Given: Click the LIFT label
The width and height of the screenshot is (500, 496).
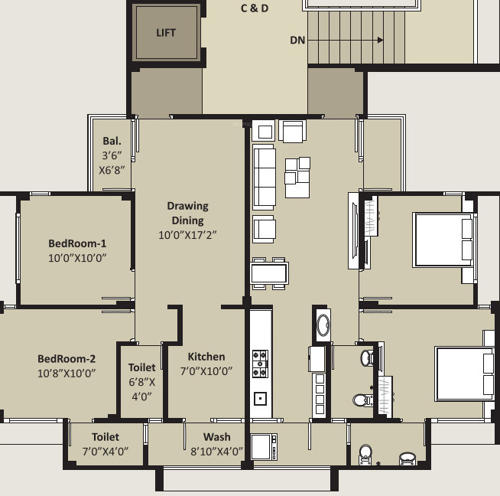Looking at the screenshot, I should pyautogui.click(x=166, y=32).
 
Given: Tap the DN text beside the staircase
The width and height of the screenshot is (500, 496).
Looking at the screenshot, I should pyautogui.click(x=298, y=41).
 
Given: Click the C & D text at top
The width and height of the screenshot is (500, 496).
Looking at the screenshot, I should pyautogui.click(x=255, y=9).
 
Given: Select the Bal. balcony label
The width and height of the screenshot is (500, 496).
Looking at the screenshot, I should pyautogui.click(x=112, y=142).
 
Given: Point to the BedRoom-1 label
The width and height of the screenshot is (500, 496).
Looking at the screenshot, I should pyautogui.click(x=76, y=243).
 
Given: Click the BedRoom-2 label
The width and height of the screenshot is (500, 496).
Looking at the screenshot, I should pyautogui.click(x=67, y=358).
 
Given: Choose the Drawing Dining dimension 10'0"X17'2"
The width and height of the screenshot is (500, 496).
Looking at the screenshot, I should pyautogui.click(x=187, y=235).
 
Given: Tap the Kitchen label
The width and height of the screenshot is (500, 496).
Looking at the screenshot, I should pyautogui.click(x=206, y=356).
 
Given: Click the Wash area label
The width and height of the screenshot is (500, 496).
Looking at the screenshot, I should pyautogui.click(x=217, y=437).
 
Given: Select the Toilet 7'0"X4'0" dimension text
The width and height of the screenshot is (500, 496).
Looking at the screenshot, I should pyautogui.click(x=105, y=451).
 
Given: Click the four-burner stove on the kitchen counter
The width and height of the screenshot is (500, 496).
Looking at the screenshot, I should pyautogui.click(x=260, y=364).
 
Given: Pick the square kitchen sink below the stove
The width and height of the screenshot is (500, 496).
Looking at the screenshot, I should pyautogui.click(x=260, y=398).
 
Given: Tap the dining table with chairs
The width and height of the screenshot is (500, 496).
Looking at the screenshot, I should pyautogui.click(x=270, y=272).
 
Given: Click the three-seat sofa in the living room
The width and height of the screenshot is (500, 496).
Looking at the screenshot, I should pyautogui.click(x=264, y=178).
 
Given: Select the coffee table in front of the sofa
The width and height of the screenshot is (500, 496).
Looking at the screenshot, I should pyautogui.click(x=297, y=171).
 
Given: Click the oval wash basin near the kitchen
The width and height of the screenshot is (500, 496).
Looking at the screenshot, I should pyautogui.click(x=322, y=325).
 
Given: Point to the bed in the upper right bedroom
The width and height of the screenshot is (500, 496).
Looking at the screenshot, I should pyautogui.click(x=443, y=239).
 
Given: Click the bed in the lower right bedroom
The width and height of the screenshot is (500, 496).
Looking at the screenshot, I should pyautogui.click(x=465, y=374).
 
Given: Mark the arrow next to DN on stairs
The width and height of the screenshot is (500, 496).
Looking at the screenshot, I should pyautogui.click(x=352, y=41).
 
